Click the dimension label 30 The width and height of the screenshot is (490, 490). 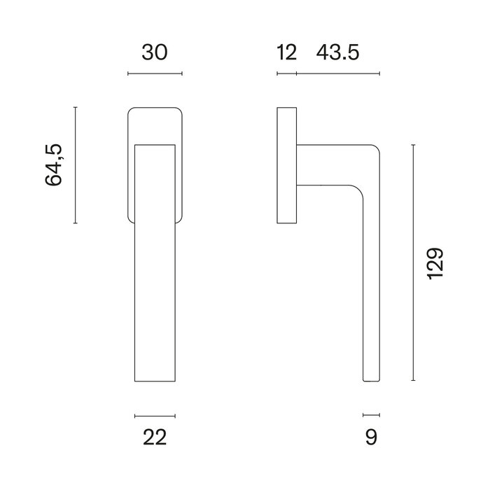(155, 52)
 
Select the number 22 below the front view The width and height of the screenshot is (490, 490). (155, 437)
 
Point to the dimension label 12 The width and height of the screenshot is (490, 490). (287, 52)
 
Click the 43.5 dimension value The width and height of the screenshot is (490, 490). (338, 52)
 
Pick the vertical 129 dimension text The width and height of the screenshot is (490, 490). (435, 263)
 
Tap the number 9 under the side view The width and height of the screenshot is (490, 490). (371, 437)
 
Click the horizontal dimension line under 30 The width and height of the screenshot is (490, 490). (155, 73)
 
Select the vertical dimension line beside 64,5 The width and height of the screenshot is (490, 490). (75, 165)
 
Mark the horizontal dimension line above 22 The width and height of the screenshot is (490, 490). (155, 416)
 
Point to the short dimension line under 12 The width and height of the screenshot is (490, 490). (287, 73)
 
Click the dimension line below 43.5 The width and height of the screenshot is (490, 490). (338, 73)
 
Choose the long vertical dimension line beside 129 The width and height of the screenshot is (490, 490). (414, 262)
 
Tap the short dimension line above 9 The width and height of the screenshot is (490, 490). (371, 416)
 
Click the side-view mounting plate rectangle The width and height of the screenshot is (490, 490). (287, 166)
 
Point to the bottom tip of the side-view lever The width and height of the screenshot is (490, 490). (371, 379)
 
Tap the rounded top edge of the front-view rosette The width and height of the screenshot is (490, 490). (155, 108)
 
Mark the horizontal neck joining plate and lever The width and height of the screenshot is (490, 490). (322, 164)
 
